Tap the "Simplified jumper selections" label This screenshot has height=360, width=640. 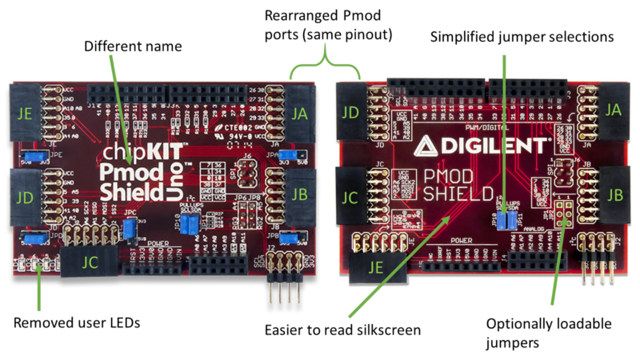(x=522, y=37)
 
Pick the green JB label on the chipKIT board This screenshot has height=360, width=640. (x=300, y=194)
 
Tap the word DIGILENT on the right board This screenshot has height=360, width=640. (x=496, y=145)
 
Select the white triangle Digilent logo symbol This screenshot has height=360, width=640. (x=427, y=144)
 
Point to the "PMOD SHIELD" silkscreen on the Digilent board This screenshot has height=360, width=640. (x=458, y=185)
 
